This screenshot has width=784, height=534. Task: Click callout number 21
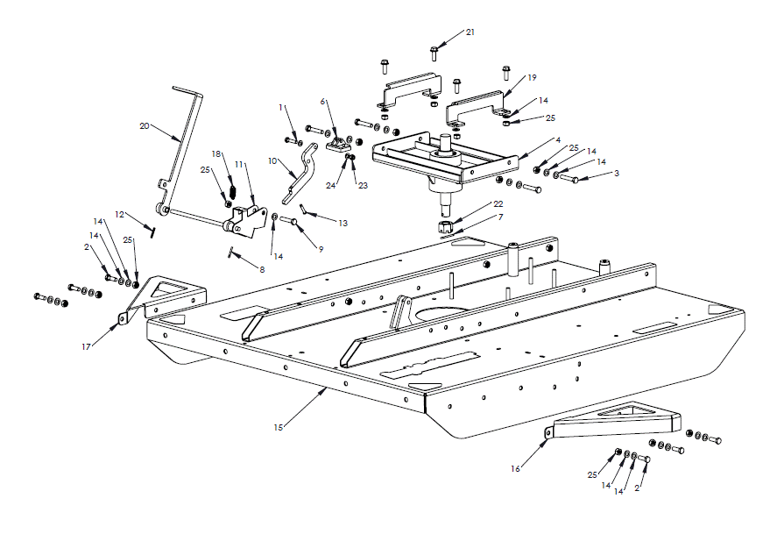[470, 32]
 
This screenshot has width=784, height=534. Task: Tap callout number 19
[532, 78]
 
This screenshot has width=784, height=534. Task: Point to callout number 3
[617, 174]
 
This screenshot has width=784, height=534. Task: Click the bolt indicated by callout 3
[568, 179]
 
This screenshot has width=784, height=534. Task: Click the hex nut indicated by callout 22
[445, 228]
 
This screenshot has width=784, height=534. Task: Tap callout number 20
[145, 126]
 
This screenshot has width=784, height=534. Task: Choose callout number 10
[272, 161]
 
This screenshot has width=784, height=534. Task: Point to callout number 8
[261, 269]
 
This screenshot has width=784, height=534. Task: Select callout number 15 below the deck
[278, 427]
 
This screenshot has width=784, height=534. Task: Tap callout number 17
[87, 347]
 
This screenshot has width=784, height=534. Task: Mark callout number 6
[323, 102]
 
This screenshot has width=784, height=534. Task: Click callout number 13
[343, 224]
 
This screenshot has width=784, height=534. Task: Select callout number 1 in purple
[281, 107]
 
